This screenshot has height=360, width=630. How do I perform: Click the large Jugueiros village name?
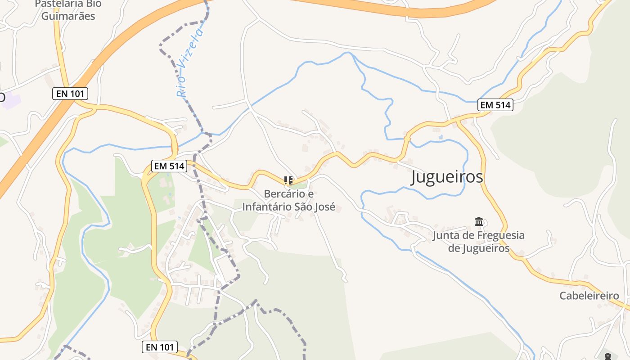tap(447, 177)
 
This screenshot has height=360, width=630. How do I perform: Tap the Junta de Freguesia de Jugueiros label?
tap(479, 242)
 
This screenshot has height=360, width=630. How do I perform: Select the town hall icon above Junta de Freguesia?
tap(479, 222)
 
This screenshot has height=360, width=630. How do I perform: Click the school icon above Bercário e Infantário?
tap(288, 181)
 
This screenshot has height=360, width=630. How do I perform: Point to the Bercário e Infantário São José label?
tap(289, 200)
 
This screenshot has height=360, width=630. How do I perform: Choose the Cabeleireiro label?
tap(589, 296)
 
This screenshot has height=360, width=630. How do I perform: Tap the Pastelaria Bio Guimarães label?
tap(68, 10)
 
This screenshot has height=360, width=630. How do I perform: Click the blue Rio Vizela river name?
tap(189, 63)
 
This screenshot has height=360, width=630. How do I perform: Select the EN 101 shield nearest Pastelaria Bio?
tap(70, 94)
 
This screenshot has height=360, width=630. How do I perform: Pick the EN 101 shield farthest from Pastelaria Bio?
tap(160, 347)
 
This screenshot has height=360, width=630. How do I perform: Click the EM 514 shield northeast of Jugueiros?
tap(495, 105)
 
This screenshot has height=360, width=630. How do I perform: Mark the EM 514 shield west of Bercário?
tap(169, 166)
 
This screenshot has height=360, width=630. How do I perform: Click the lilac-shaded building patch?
tap(10, 100)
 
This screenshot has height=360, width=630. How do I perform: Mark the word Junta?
tap(446, 235)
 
